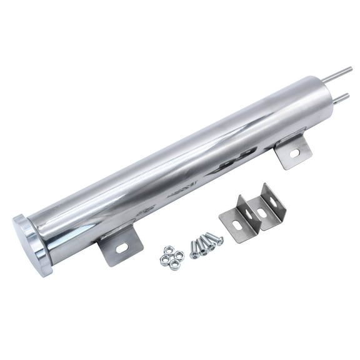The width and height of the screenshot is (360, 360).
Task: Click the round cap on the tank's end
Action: pos(30,245)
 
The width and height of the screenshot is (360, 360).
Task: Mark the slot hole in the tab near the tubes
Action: pos(294,152)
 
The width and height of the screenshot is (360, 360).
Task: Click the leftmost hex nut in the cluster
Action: pos(164,258)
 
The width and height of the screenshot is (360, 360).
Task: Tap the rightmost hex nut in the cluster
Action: pos(179,255)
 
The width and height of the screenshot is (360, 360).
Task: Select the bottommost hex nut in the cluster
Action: pos(174,264)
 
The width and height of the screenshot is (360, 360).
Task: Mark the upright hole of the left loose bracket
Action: pos(249,212)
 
